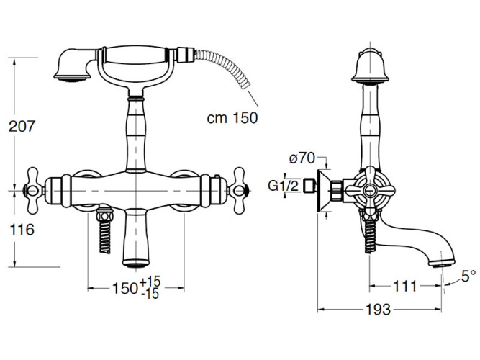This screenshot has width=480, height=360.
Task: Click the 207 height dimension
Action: click(x=22, y=126)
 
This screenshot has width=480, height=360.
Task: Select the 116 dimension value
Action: click(x=22, y=230)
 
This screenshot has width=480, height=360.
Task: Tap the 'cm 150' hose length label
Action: click(x=232, y=117)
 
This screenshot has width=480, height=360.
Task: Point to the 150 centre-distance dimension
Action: click(x=125, y=288)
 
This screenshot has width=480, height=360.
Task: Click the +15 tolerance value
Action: click(x=150, y=282)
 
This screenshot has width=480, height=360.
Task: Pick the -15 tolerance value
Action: click(x=150, y=294)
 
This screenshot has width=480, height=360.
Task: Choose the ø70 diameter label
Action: click(x=302, y=158)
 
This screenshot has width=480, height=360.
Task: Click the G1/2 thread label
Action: click(x=283, y=185)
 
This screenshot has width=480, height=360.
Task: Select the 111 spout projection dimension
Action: click(x=405, y=286)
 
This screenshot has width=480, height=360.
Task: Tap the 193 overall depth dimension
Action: click(x=379, y=310)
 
